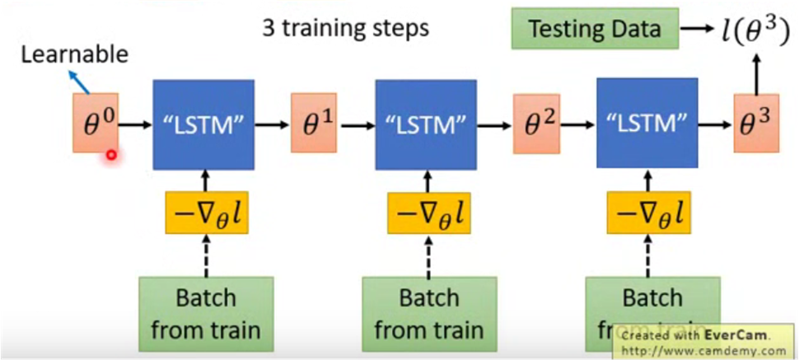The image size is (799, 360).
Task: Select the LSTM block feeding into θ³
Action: click(647, 124)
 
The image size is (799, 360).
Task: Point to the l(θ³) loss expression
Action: click(749, 30)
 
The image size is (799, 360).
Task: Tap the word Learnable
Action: click(75, 55)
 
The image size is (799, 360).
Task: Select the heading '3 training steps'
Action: click(345, 28)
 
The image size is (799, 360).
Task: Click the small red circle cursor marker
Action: click(110, 154)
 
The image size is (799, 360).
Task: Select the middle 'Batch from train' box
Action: click(428, 313)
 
